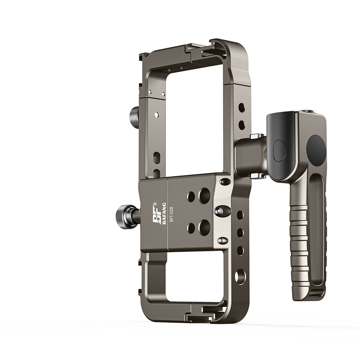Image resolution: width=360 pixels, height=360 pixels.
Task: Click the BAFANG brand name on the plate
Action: click(x=164, y=213)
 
